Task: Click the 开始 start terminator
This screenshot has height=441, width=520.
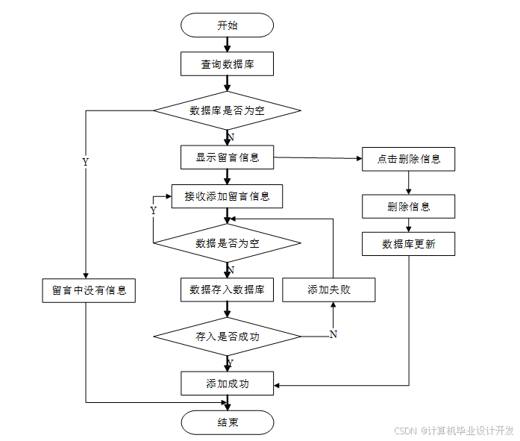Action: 227,25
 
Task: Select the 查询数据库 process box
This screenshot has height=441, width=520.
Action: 227,64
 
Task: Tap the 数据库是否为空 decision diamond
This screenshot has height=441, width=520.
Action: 227,110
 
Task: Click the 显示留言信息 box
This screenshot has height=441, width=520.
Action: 227,157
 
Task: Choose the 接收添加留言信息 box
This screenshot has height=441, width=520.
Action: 227,197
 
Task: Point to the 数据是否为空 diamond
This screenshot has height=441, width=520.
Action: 227,243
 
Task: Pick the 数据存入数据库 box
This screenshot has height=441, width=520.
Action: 227,290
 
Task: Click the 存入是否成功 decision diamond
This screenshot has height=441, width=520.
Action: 227,336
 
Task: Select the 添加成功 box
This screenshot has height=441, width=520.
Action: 227,384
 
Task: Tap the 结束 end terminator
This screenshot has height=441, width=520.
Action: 227,422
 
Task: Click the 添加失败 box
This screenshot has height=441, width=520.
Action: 328,290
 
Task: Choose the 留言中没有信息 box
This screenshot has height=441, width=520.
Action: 88,290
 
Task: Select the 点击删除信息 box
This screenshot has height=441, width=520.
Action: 408,159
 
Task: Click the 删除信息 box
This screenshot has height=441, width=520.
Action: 408,206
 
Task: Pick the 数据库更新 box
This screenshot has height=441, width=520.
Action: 408,244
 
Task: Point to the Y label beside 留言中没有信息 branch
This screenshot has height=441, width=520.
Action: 85,162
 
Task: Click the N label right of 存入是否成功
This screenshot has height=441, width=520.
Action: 333,334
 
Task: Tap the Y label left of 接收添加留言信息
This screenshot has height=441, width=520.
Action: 154,210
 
